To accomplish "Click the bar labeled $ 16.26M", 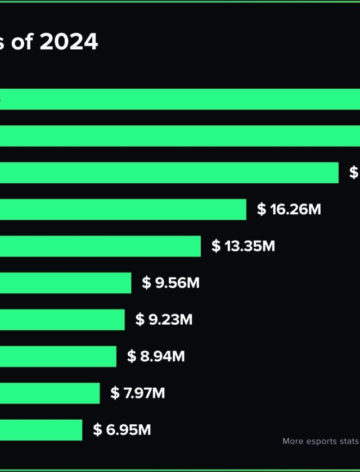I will tap(123, 210).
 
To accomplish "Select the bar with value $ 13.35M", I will tap(100, 246).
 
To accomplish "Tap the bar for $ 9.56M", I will tap(65, 283).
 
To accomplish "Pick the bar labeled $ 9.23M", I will tap(62, 320).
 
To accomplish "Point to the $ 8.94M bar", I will tap(58, 356).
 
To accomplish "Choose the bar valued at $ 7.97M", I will tap(49, 393).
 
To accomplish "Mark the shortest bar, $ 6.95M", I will tap(41, 430).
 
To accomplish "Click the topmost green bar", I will tap(180, 99).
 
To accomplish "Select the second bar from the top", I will tap(180, 136).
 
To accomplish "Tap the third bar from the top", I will tap(169, 173).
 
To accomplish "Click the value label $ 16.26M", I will tap(289, 210).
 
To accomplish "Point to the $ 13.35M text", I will tap(244, 246).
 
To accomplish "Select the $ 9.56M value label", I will tap(171, 283).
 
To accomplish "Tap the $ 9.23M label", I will tap(164, 320).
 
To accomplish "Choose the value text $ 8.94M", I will tap(156, 356).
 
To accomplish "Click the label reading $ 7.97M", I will tap(138, 393).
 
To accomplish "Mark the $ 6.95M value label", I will tap(122, 430).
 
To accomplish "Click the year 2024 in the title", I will tap(69, 42).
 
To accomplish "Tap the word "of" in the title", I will tap(22, 42).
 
